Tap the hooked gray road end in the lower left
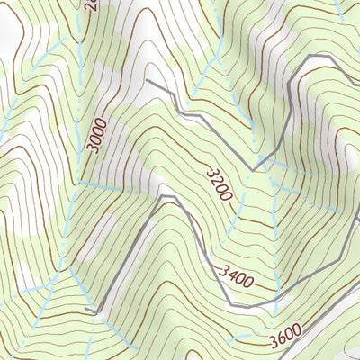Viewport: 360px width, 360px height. click(87, 310)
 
